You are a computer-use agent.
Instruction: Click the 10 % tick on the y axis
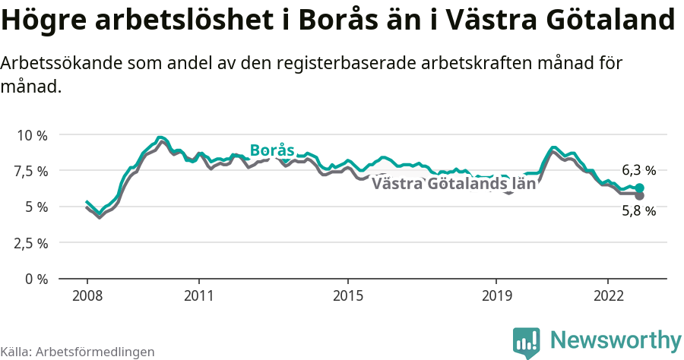32,135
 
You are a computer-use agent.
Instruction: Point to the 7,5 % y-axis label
31,171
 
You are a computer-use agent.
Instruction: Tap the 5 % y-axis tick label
36,207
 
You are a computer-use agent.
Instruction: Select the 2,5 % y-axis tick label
31,243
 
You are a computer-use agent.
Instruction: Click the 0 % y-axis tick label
36,279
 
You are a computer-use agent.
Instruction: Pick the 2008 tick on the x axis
87,295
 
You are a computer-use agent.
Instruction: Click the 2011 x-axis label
198,295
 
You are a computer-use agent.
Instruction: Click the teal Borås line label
272,150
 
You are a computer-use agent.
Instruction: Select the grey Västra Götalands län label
454,183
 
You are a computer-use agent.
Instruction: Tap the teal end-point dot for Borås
640,188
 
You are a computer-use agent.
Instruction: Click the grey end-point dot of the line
640,196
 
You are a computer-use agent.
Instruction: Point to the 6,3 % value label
638,170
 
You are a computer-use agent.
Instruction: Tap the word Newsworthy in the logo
616,339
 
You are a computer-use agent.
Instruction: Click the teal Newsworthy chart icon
527,342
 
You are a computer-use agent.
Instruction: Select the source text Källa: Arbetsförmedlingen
78,352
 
